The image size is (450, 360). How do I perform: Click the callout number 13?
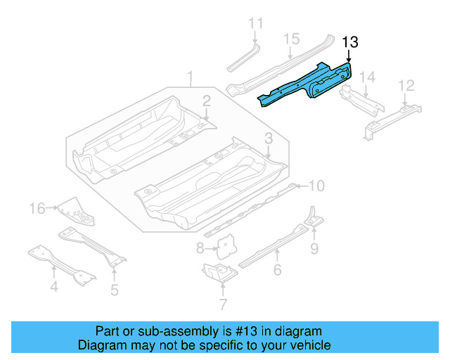click(350, 43)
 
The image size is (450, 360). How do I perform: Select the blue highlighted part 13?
click(309, 85)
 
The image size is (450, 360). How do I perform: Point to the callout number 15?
click(292, 39)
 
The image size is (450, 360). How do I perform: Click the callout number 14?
click(368, 77)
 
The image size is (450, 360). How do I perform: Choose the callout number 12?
click(406, 86)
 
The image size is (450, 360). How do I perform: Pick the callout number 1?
click(189, 76)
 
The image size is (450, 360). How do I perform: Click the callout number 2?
click(207, 100)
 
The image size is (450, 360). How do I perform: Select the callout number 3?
click(269, 138)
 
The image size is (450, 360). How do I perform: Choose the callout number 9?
click(314, 247)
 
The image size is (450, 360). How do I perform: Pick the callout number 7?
click(223, 304)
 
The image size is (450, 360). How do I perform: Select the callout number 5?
click(114, 289)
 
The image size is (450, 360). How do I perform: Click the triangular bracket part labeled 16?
click(75, 210)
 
